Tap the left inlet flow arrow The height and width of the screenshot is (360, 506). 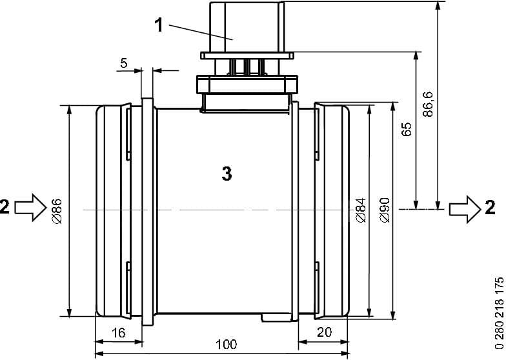[x=28, y=208]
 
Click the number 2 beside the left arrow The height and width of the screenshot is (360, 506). [x=5, y=208]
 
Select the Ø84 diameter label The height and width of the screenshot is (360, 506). [x=359, y=211]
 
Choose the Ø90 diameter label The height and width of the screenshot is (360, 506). [x=383, y=211]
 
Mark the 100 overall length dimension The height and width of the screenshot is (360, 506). [x=225, y=344]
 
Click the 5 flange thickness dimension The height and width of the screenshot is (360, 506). [x=123, y=63]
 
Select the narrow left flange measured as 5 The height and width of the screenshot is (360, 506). [x=147, y=210]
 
